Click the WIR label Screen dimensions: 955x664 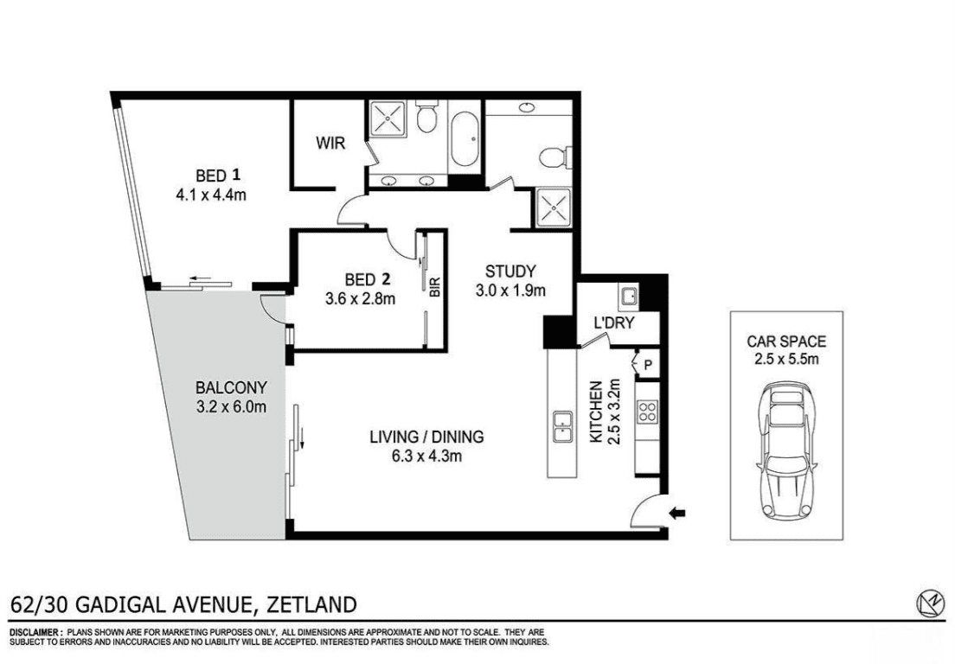pos(330,144)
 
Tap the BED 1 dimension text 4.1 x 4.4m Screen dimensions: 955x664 pos(211,195)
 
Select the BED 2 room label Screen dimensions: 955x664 pos(367,279)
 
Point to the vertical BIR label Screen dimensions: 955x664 pos(435,287)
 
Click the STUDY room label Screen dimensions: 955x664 pos(510,271)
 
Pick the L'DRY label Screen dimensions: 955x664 pos(614,322)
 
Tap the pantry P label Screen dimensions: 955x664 pos(648,365)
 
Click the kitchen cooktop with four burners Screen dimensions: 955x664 pos(647,412)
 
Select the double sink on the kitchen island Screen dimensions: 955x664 pos(561,426)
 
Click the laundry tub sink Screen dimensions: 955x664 pos(629,297)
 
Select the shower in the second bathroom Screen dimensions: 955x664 pos(554,207)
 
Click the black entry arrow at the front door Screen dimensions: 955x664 pos(676,513)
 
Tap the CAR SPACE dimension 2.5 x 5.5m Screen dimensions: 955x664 pos(786,359)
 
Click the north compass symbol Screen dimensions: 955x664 pos(929,603)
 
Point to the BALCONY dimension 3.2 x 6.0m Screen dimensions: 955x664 pos(232,407)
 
